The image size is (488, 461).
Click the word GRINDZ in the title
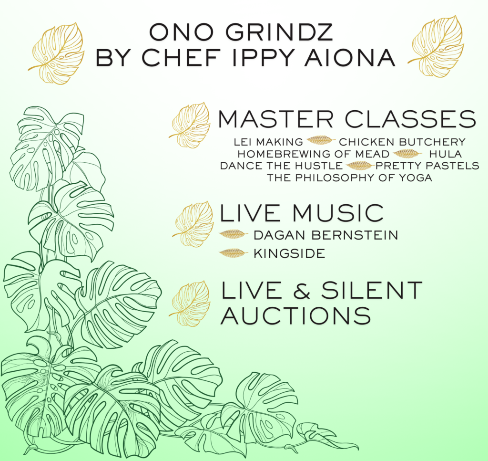(x=279, y=32)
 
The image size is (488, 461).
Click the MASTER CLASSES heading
(x=347, y=119)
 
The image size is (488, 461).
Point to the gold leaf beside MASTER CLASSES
(x=190, y=125)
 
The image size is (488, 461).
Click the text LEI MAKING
(x=268, y=142)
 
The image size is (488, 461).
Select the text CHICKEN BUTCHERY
(x=402, y=142)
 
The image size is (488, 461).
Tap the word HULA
(x=446, y=154)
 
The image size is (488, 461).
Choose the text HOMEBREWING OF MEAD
(x=314, y=154)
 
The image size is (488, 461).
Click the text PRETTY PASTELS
(x=427, y=166)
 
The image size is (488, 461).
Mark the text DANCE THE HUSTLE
(x=281, y=166)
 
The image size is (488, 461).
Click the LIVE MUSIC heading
(x=302, y=213)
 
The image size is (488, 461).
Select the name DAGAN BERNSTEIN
(x=326, y=235)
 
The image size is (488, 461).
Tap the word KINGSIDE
(x=289, y=253)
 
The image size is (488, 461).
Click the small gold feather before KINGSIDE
(x=234, y=253)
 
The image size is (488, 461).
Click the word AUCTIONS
(x=295, y=316)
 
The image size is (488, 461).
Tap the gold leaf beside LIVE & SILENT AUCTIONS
(x=190, y=304)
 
